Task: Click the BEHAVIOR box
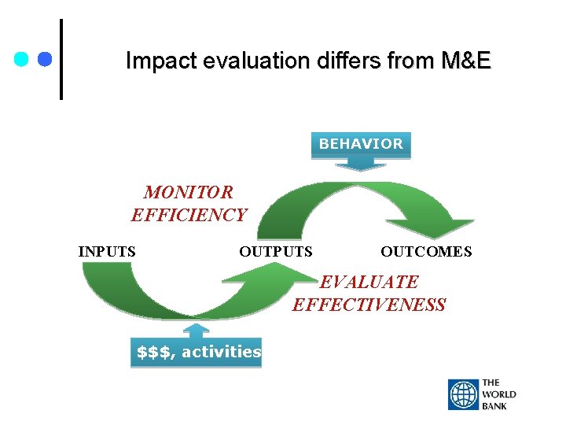pos(361,145)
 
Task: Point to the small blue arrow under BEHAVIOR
pos(361,164)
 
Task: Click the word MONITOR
pos(189,192)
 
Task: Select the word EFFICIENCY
pos(189,215)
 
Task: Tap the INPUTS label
pos(107,252)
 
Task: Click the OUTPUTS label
pos(275,252)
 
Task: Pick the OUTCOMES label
pos(426,252)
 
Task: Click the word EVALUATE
pos(369,282)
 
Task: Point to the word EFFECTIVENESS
pos(369,305)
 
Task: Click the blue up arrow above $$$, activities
pos(196,330)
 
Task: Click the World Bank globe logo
pos(463,395)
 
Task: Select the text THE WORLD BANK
pos(499,395)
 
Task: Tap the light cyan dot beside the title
pos(22,59)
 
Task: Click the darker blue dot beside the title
pos(44,59)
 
